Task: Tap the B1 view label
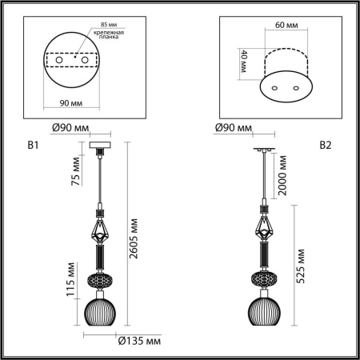point(33,146)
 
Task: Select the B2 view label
point(326,146)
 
